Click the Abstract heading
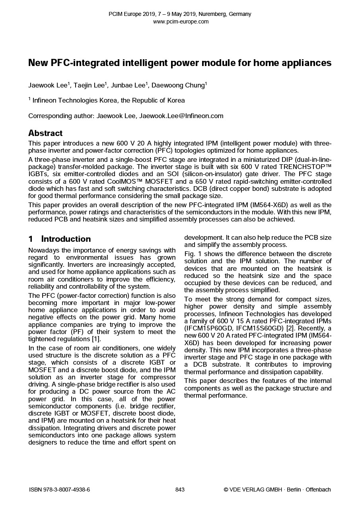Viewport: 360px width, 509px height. click(x=45, y=133)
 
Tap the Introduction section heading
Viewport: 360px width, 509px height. click(x=66, y=239)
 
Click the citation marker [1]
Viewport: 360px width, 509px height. click(x=96, y=339)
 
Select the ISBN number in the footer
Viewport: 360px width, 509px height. click(x=60, y=490)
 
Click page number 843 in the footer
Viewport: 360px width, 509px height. click(x=180, y=490)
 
